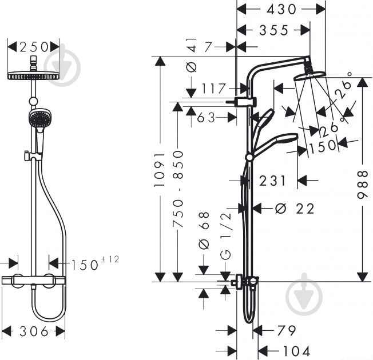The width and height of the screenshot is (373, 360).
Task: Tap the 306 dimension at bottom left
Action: pos(33,331)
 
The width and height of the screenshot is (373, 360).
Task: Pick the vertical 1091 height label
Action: pos(161,170)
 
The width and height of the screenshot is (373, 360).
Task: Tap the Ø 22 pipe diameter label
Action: pos(294,209)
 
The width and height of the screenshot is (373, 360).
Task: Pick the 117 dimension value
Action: pos(215,89)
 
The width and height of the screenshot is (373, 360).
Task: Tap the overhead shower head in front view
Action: pos(34,75)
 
